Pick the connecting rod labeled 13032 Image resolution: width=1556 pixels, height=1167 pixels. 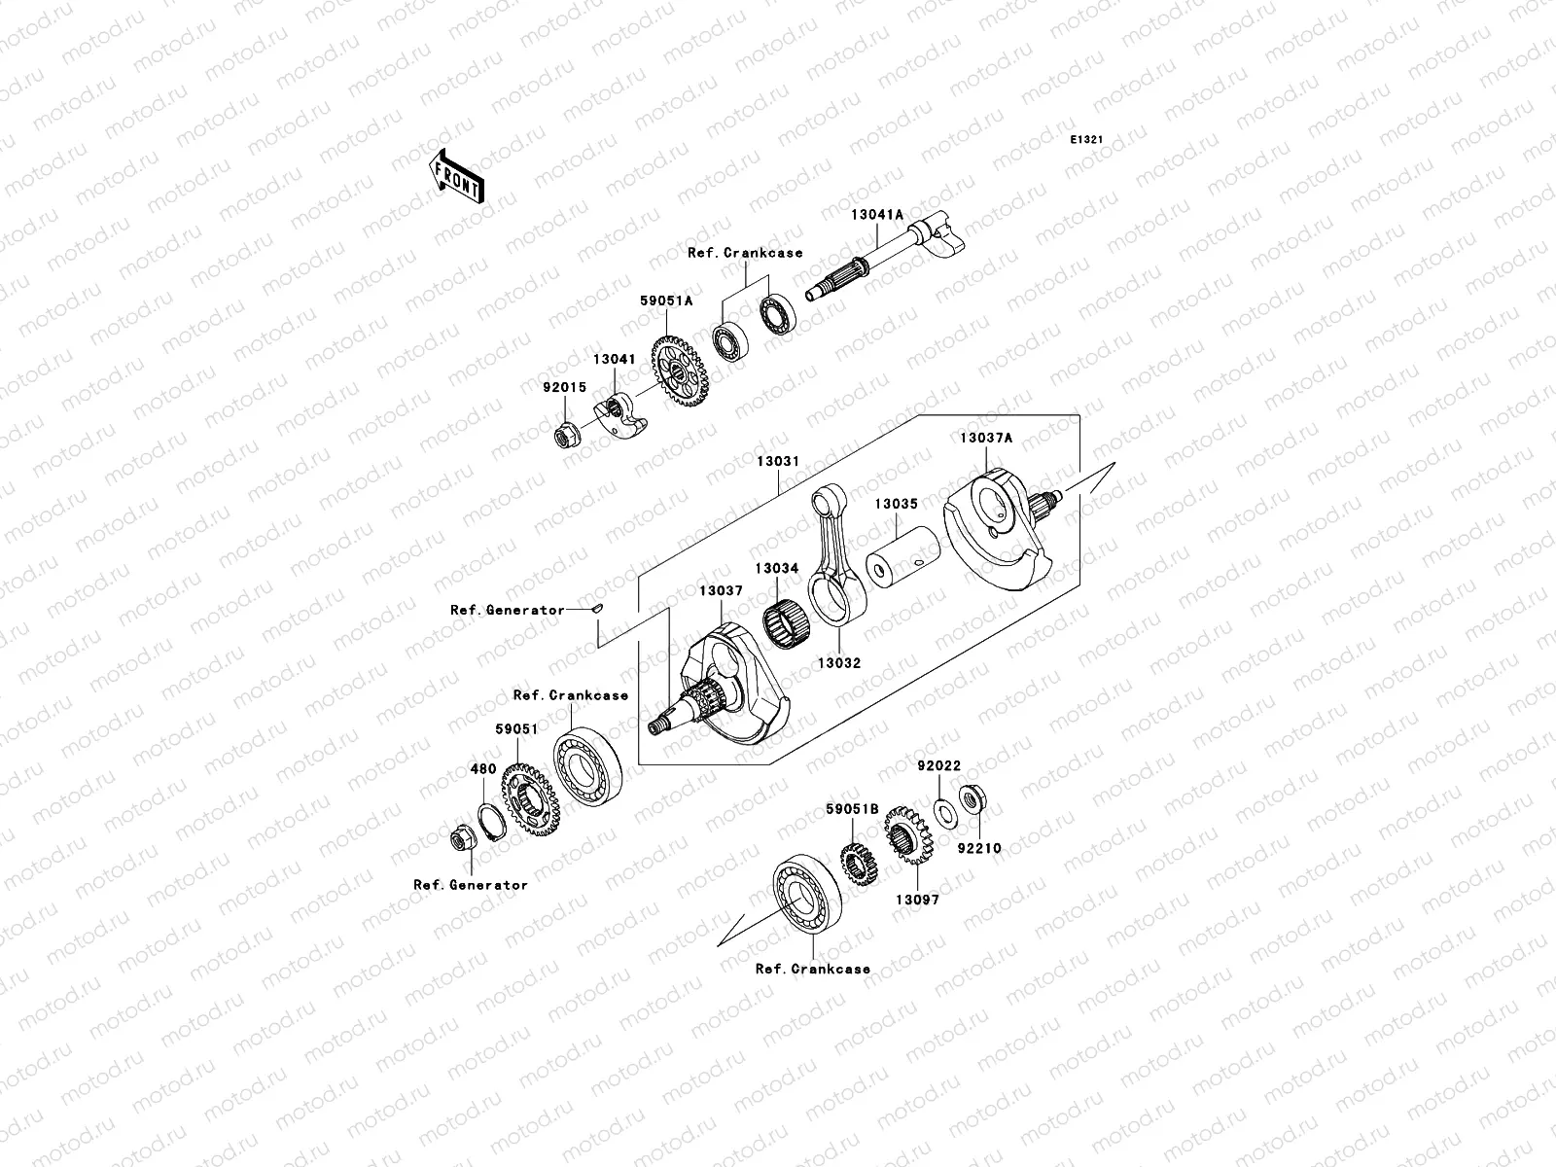click(834, 564)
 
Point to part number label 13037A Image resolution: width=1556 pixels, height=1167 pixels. click(985, 438)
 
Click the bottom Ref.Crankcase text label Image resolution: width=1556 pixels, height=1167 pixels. click(812, 969)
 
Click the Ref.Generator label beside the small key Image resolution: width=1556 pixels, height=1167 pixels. click(507, 610)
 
